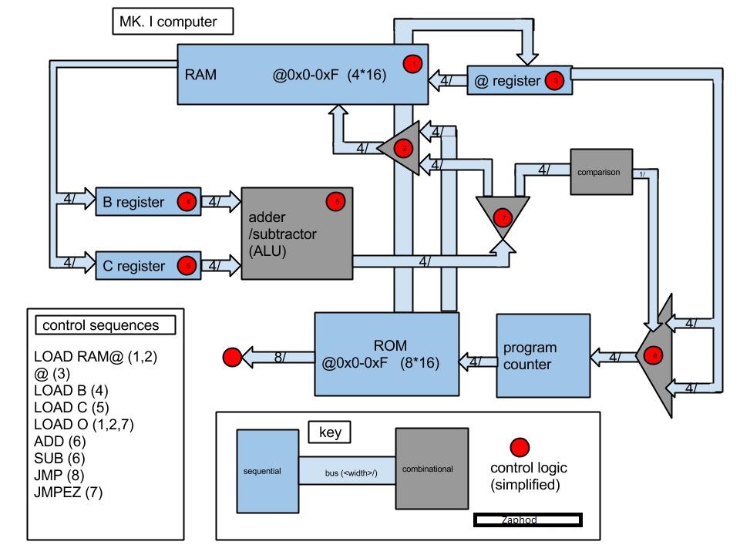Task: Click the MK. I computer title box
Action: click(x=173, y=22)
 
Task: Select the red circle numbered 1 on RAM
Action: click(x=414, y=64)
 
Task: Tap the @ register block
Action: click(x=520, y=80)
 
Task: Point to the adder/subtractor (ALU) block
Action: click(x=297, y=233)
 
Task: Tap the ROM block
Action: click(x=385, y=354)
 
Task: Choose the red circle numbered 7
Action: click(x=504, y=217)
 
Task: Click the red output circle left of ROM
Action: click(x=231, y=357)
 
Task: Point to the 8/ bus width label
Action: click(x=284, y=358)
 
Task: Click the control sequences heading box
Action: click(x=100, y=325)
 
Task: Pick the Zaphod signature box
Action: click(x=527, y=520)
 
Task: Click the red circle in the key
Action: click(x=520, y=447)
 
